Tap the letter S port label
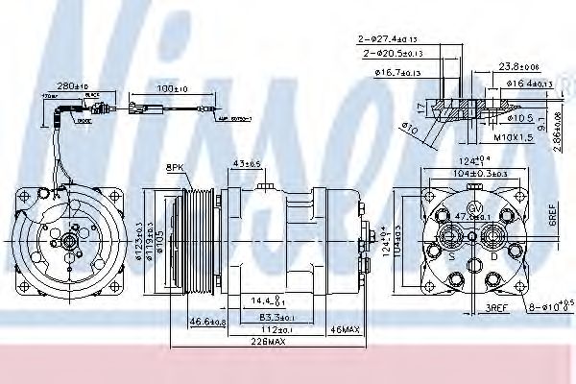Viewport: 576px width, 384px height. coord(451,255)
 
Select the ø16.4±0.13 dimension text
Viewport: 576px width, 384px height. coord(530,84)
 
